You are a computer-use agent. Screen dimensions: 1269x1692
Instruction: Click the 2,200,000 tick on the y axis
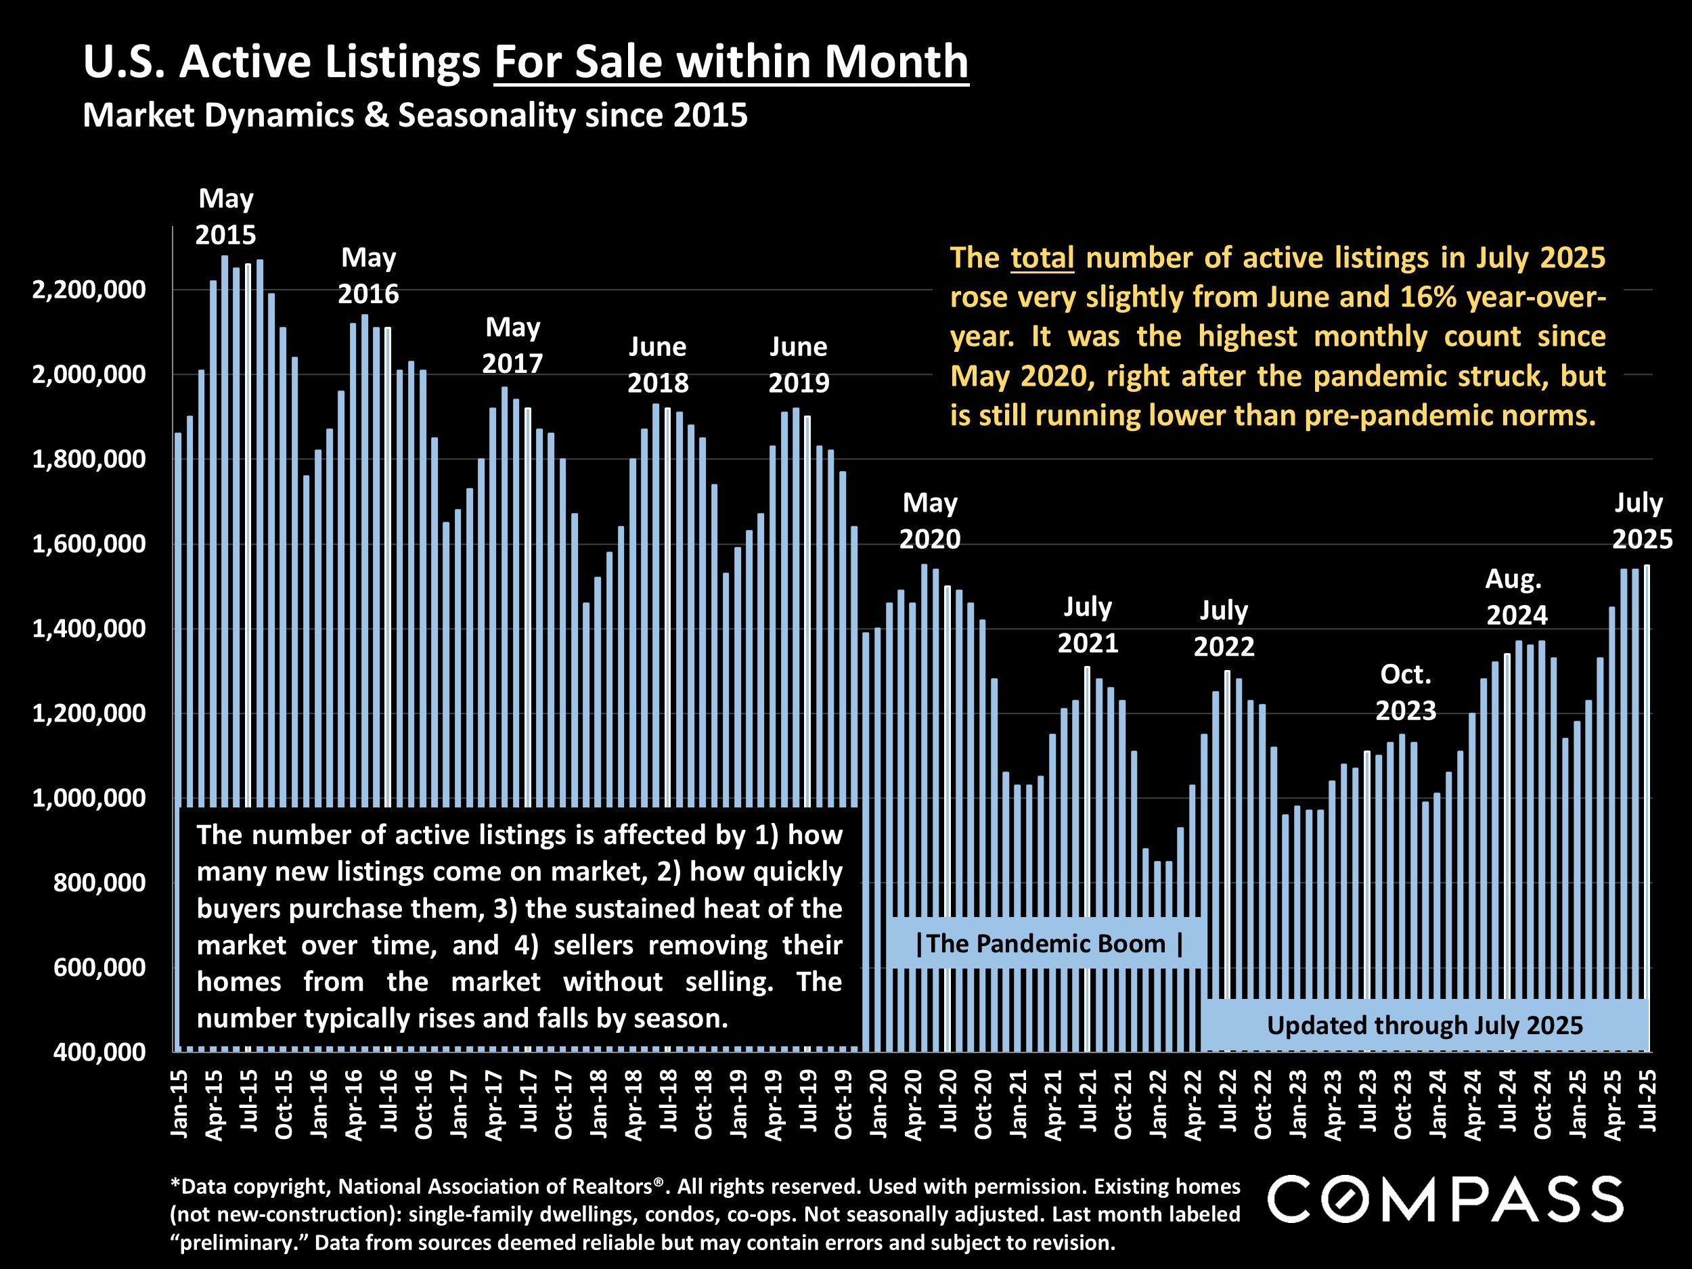click(x=89, y=290)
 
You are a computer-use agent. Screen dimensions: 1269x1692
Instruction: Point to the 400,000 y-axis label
click(x=99, y=1052)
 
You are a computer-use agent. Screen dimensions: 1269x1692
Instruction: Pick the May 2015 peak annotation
click(x=225, y=217)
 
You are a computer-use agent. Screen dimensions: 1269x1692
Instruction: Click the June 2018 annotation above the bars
click(x=658, y=365)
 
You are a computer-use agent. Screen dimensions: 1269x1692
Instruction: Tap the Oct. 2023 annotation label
click(x=1406, y=692)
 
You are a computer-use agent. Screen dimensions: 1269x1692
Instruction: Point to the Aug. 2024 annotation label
click(x=1516, y=598)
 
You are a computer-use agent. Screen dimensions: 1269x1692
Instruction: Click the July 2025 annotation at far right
click(x=1641, y=521)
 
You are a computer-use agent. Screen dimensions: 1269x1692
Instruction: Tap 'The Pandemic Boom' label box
click(x=1046, y=944)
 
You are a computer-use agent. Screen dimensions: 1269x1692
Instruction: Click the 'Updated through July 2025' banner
click(x=1424, y=1025)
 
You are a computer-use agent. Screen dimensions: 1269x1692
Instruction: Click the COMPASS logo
click(x=1445, y=1199)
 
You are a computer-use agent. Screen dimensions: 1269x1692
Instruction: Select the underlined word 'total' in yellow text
click(x=1042, y=258)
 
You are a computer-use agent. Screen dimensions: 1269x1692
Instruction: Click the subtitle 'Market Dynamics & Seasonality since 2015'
click(x=415, y=116)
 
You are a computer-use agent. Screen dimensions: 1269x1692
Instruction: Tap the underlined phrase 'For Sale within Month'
click(x=731, y=62)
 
